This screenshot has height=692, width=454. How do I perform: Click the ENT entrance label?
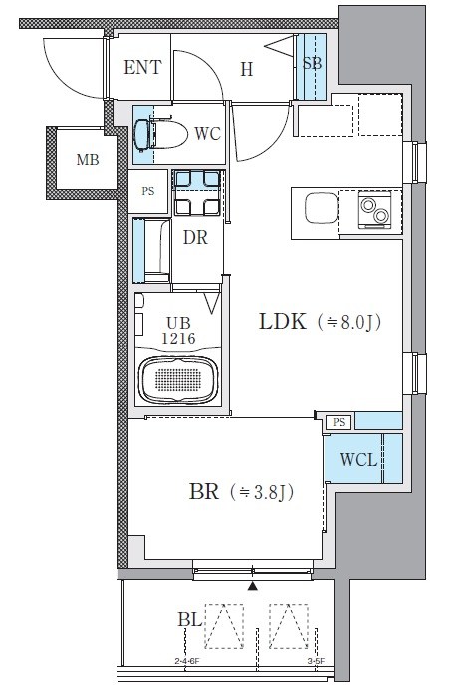click(142, 67)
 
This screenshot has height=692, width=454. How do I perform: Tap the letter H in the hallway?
click(247, 70)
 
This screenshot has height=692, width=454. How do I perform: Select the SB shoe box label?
click(312, 63)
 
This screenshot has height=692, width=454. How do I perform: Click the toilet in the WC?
click(160, 134)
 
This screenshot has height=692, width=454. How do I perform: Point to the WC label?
click(207, 134)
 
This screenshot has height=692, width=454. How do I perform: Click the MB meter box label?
click(88, 159)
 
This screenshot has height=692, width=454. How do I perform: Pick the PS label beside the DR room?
click(148, 191)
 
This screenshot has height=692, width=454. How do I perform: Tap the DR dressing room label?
click(195, 237)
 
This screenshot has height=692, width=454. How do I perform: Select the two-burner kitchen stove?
click(374, 210)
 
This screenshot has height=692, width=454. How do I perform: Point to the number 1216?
click(178, 339)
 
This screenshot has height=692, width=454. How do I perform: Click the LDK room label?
click(283, 321)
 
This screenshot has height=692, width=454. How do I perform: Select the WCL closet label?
click(358, 460)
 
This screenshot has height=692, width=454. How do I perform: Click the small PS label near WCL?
click(340, 422)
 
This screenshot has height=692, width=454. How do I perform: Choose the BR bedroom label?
click(204, 491)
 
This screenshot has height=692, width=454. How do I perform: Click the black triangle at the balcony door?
click(252, 586)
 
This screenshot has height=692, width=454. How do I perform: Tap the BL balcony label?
click(190, 620)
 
